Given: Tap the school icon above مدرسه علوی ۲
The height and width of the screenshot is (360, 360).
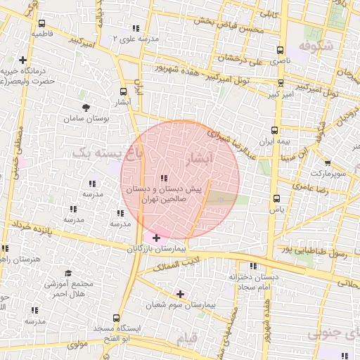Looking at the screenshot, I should coord(135,29).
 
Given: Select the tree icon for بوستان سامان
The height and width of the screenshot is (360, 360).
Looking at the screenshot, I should coord(86,108).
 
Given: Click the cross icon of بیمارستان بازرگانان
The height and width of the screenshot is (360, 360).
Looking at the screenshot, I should coord(156,239).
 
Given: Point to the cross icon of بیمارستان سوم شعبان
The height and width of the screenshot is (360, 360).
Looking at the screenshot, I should coord(180,294).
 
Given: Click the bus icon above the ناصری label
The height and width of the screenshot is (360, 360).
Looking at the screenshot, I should coord(281,51).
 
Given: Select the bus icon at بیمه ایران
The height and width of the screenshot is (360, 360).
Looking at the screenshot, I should coord(274,130).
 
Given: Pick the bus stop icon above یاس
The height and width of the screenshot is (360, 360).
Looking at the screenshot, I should coord(276,198).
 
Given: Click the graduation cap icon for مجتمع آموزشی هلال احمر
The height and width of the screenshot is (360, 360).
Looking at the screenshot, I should coord(68,273).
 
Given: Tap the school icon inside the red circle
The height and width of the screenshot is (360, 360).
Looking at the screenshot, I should coord(164,179).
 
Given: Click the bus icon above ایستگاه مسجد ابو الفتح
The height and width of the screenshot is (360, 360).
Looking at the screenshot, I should coord(115,318).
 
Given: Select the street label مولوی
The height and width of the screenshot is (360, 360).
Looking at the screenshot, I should coord(77,344).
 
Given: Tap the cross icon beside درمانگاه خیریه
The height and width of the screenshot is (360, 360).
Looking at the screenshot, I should coord(23,60).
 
